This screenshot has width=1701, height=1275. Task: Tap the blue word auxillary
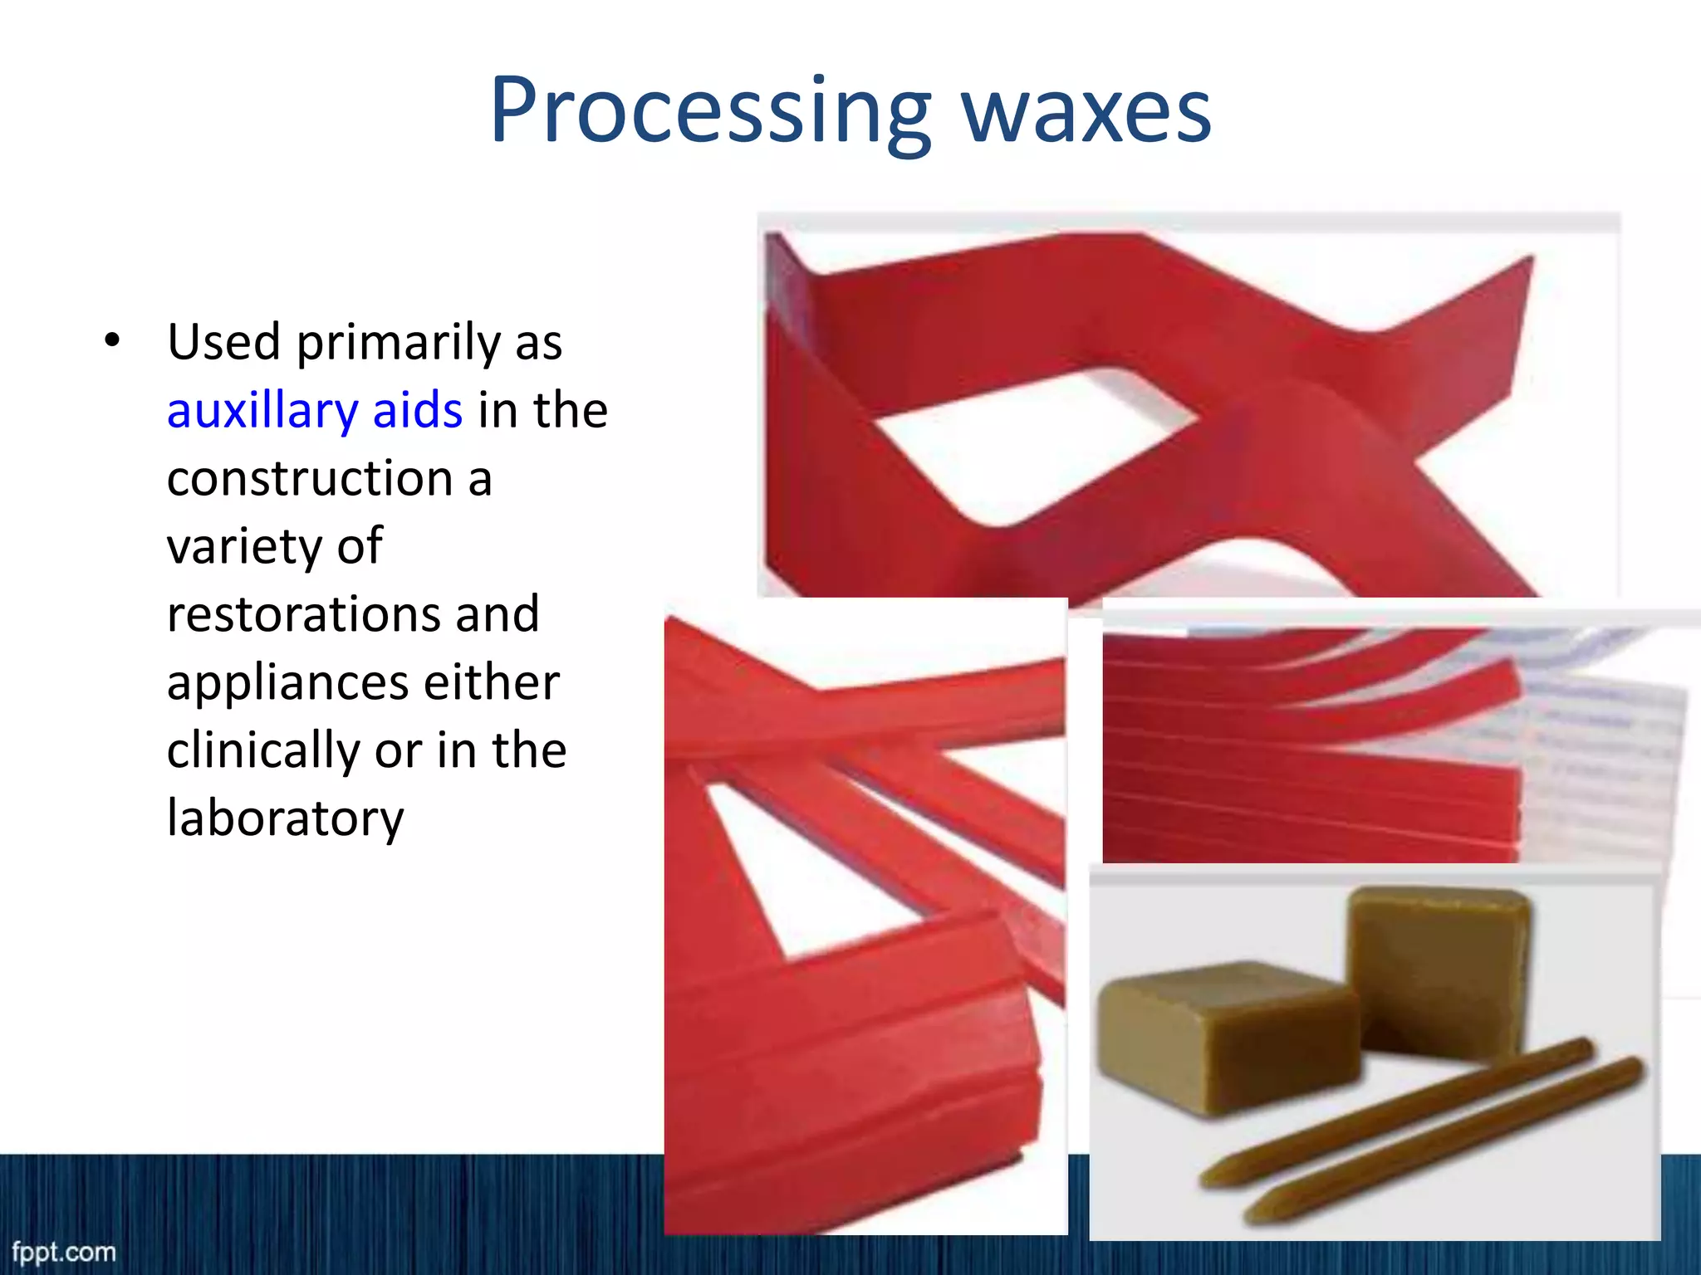[262, 411]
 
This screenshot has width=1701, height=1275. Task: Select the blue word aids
[417, 411]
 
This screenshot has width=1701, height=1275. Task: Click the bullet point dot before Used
[112, 341]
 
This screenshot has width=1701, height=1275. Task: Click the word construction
[309, 479]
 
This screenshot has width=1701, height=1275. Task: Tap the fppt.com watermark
[64, 1252]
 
